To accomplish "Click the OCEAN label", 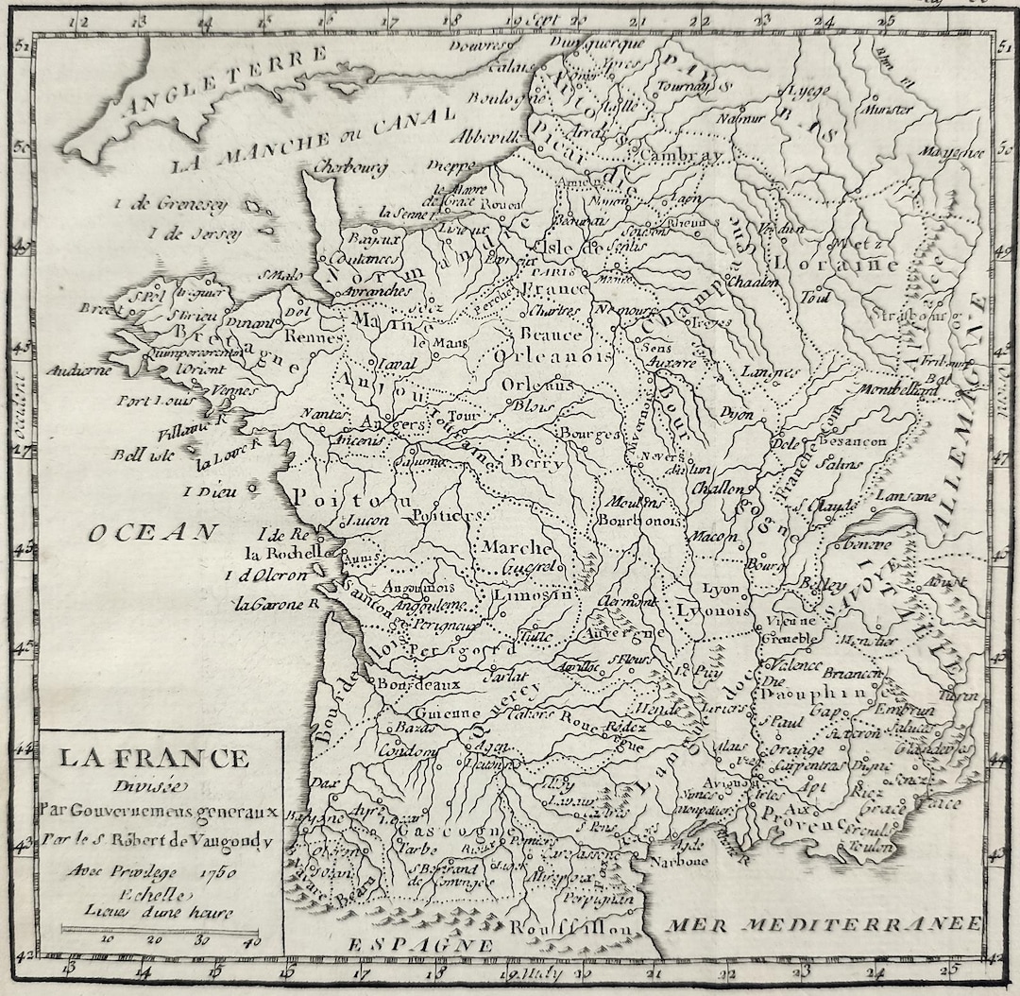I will point(152,533).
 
